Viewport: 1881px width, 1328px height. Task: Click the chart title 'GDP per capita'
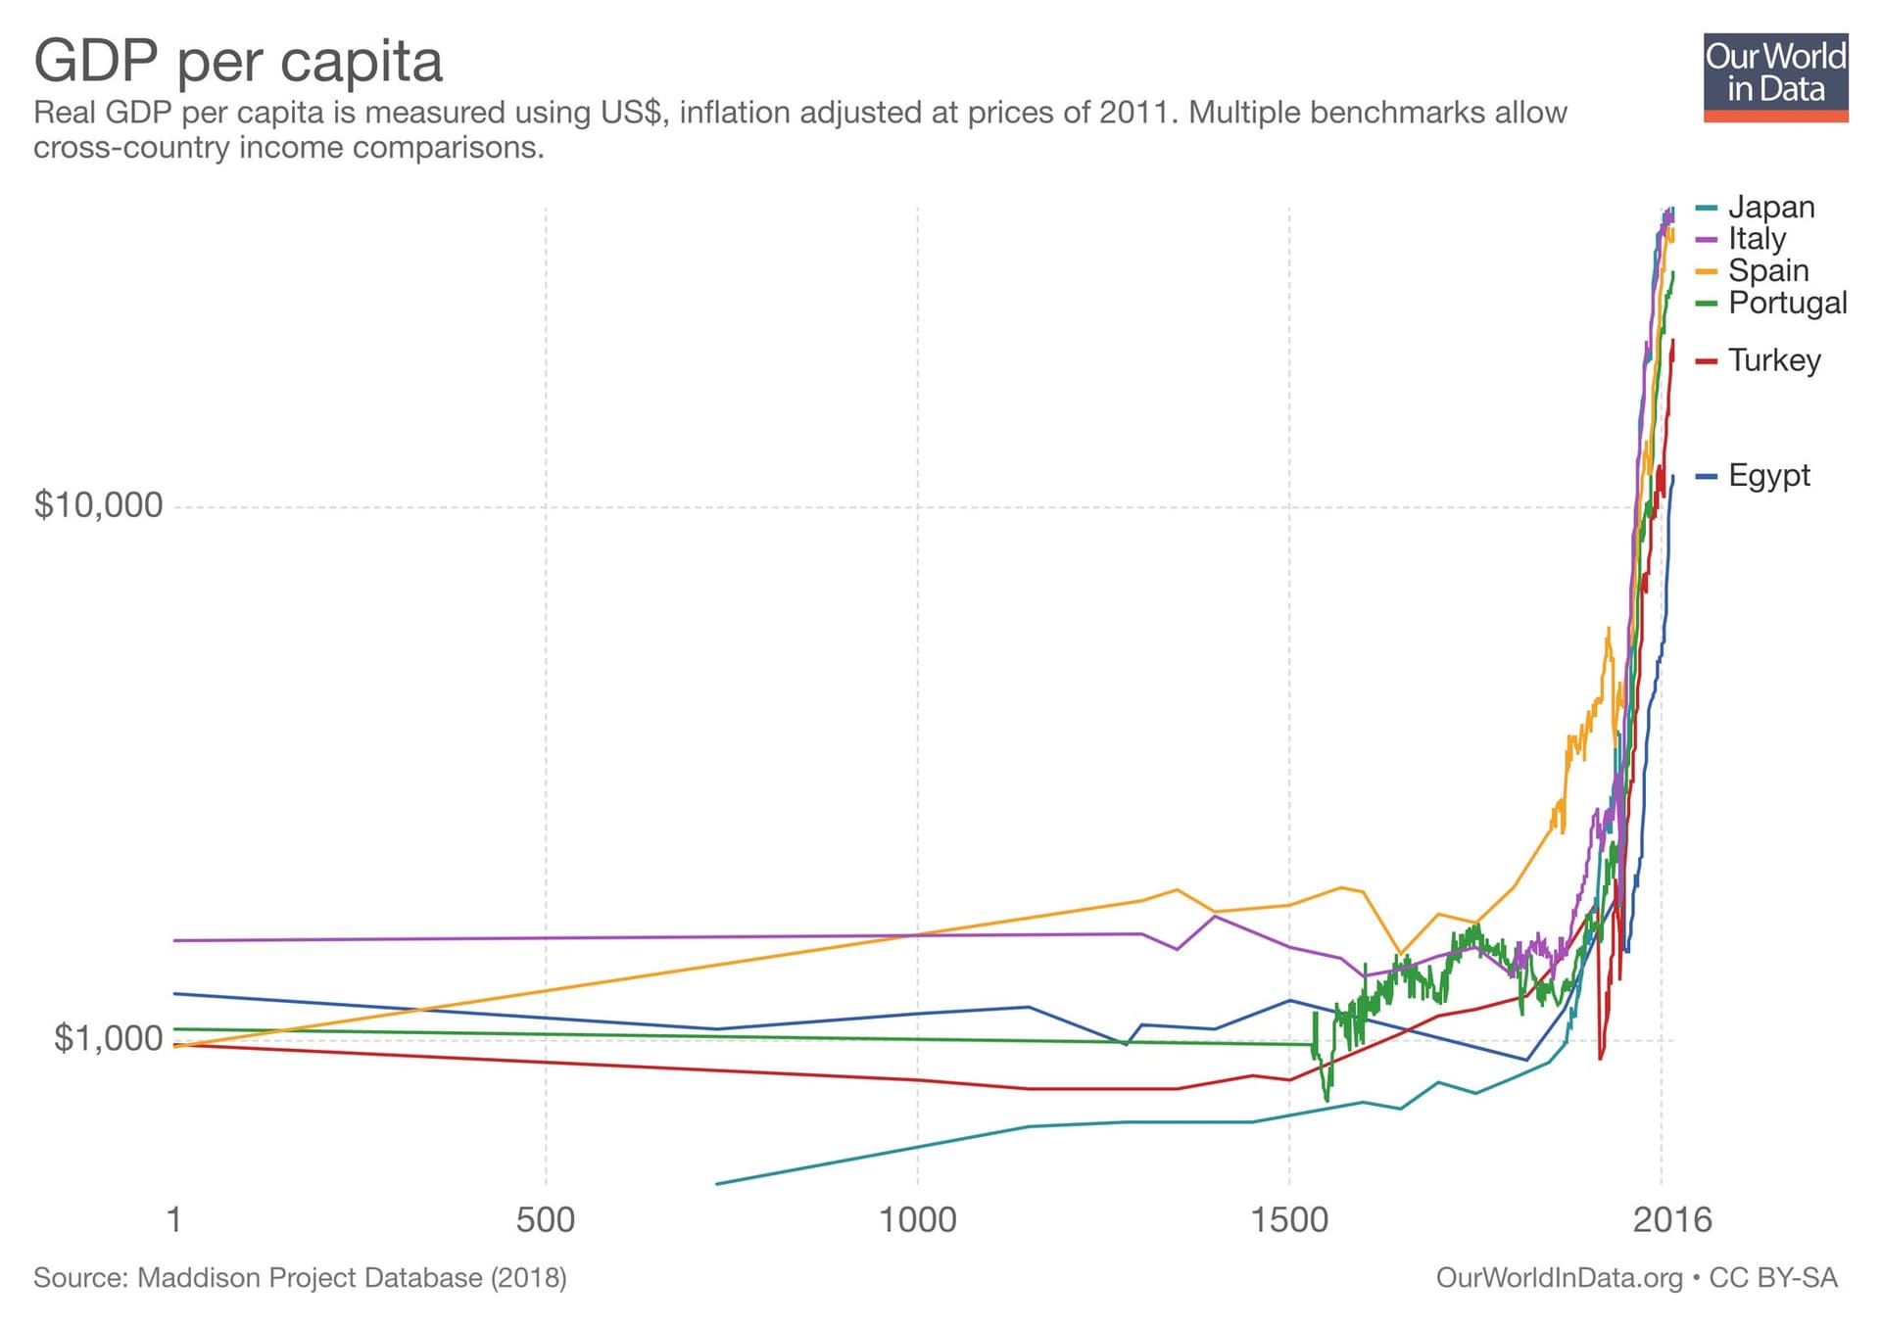238,61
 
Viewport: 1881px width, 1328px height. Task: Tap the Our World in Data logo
1775,78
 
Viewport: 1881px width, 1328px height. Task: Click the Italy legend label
1757,238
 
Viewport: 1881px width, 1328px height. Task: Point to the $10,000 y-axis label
98,505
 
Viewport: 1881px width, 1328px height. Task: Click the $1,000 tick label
108,1038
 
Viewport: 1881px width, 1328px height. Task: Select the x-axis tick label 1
174,1220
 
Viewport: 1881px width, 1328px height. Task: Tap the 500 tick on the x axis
545,1220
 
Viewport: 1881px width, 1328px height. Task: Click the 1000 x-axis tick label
917,1220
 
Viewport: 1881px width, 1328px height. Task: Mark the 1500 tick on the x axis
1289,1220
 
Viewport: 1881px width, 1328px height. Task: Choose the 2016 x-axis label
1671,1220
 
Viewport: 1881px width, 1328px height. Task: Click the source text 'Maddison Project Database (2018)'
352,1278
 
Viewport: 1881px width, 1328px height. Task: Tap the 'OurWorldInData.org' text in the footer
1559,1278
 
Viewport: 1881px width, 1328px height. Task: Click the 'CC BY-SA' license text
1773,1278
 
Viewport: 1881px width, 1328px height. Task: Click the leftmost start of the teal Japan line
718,1183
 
